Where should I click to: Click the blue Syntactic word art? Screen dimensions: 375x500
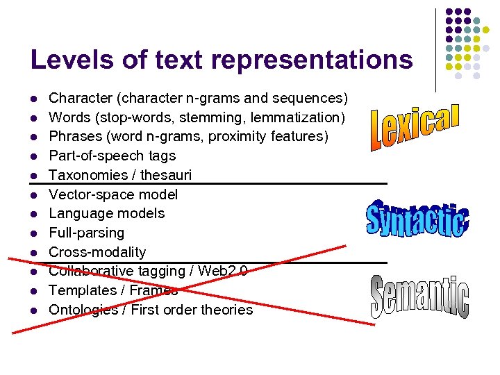coord(417,219)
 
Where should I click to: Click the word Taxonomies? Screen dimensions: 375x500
coord(86,175)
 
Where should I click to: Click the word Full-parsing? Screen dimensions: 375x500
coord(87,233)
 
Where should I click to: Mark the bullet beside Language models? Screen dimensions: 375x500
coord(33,214)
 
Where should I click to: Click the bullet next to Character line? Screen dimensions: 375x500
coord(33,99)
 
